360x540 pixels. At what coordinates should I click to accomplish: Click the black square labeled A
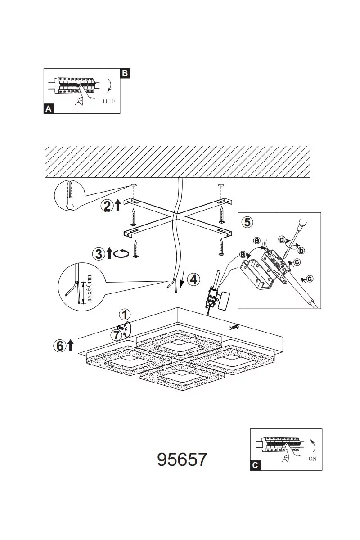pyautogui.click(x=49, y=109)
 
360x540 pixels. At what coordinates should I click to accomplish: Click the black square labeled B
pyautogui.click(x=125, y=73)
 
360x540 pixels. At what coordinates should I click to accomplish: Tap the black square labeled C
pyautogui.click(x=255, y=465)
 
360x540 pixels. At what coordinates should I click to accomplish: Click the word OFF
pyautogui.click(x=109, y=101)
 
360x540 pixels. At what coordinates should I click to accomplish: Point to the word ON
pyautogui.click(x=312, y=459)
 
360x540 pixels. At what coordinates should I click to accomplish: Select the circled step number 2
pyautogui.click(x=107, y=206)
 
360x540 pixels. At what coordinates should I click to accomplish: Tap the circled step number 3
pyautogui.click(x=99, y=254)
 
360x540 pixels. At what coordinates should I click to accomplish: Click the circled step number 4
pyautogui.click(x=193, y=279)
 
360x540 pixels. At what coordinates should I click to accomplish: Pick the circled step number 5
pyautogui.click(x=247, y=222)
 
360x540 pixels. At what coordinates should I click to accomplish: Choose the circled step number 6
pyautogui.click(x=59, y=346)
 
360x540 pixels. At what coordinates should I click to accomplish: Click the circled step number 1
pyautogui.click(x=125, y=315)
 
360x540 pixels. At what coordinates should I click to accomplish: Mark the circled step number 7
pyautogui.click(x=117, y=335)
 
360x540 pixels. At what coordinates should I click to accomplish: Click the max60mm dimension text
pyautogui.click(x=89, y=288)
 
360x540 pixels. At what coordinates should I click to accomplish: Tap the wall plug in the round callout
pyautogui.click(x=69, y=195)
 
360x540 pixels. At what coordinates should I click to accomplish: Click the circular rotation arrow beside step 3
pyautogui.click(x=121, y=254)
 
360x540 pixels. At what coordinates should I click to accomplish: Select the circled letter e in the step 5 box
pyautogui.click(x=257, y=240)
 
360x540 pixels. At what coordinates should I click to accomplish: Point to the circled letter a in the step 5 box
pyautogui.click(x=243, y=254)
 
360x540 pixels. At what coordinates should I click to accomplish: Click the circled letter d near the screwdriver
pyautogui.click(x=282, y=239)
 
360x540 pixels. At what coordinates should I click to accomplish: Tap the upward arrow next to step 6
pyautogui.click(x=70, y=345)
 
